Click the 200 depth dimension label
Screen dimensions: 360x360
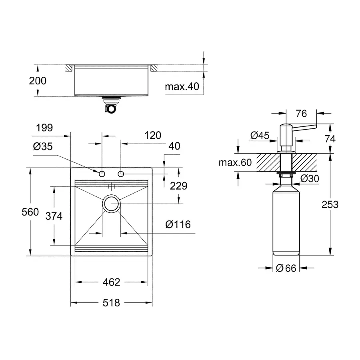(38, 81)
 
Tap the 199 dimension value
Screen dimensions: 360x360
(44, 128)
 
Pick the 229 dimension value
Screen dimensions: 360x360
(178, 186)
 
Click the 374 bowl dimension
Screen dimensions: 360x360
(54, 216)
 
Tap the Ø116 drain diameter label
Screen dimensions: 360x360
(178, 225)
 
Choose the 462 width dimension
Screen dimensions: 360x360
(111, 282)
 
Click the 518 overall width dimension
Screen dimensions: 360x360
(111, 303)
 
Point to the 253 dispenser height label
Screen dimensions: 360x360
(330, 204)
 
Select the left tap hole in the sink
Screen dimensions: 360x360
(102, 174)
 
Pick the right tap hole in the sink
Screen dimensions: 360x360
(121, 174)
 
